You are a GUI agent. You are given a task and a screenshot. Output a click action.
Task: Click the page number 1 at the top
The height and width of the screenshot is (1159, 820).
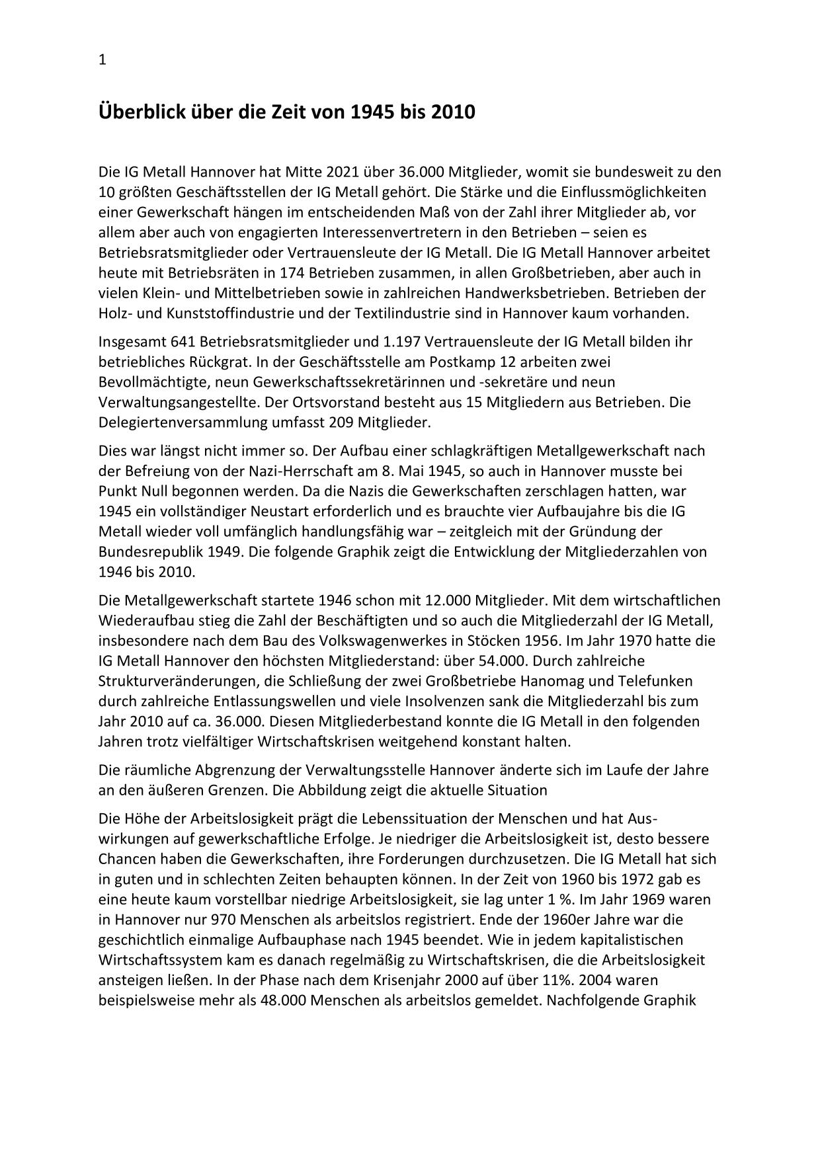(102, 60)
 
